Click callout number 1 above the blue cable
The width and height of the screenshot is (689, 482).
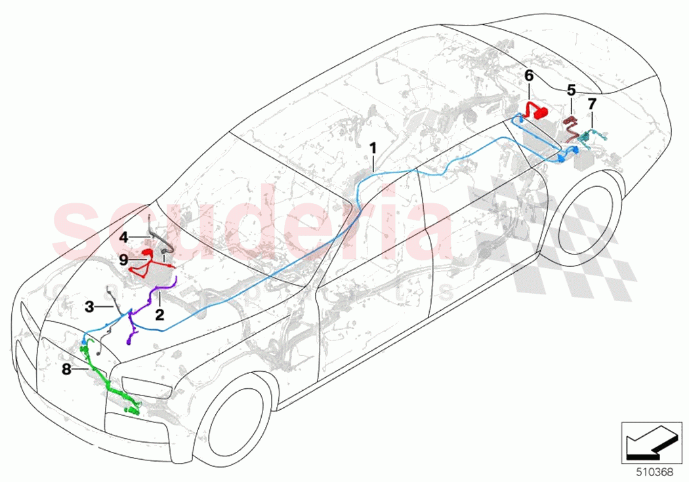pyautogui.click(x=373, y=148)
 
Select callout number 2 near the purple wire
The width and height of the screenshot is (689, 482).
pyautogui.click(x=159, y=314)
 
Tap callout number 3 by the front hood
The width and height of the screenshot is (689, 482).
pyautogui.click(x=89, y=306)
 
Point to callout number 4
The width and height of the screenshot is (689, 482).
pyautogui.click(x=123, y=235)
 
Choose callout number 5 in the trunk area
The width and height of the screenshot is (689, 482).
pyautogui.click(x=571, y=89)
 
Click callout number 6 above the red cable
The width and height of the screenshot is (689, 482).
pyautogui.click(x=529, y=75)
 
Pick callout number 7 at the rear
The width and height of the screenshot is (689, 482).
pyautogui.click(x=592, y=104)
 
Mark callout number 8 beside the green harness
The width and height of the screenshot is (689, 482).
pyautogui.click(x=66, y=370)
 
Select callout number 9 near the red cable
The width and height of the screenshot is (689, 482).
pyautogui.click(x=123, y=259)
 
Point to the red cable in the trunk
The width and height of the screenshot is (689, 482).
pyautogui.click(x=539, y=110)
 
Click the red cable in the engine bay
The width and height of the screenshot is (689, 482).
pyautogui.click(x=146, y=266)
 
